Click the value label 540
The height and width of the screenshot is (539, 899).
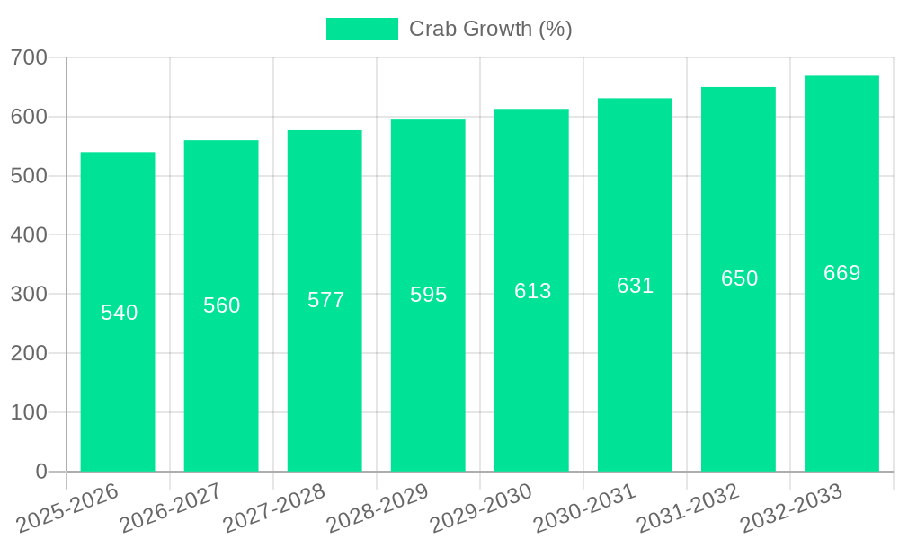click(119, 313)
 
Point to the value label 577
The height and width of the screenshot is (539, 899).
click(325, 300)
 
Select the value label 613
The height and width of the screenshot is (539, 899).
click(532, 291)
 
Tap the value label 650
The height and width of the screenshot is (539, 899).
click(739, 278)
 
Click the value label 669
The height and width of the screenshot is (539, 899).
click(841, 273)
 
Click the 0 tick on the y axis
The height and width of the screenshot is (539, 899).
click(41, 472)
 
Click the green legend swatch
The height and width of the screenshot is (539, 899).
click(361, 29)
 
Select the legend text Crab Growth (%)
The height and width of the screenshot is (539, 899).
click(490, 29)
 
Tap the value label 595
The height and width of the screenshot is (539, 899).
click(428, 295)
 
